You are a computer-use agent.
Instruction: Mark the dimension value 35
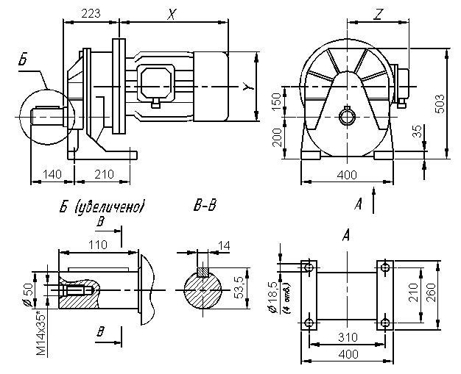pos(418,132)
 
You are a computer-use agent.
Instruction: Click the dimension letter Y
pos(244,88)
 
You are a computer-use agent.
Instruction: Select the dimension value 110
pos(94,242)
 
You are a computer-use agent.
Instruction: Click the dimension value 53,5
pos(239,282)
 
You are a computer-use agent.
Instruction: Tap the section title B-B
pos(204,207)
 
